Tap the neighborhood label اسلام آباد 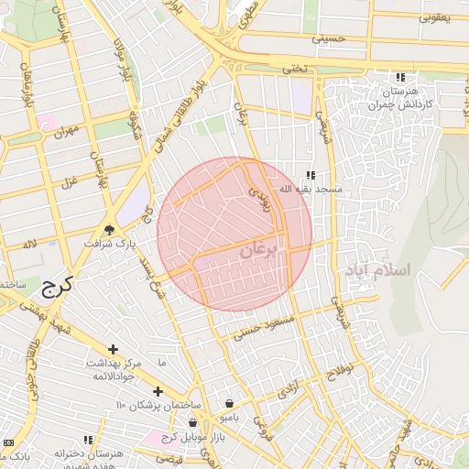point(379,271)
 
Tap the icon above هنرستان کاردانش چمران point(399,78)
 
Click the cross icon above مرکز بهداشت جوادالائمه point(113,349)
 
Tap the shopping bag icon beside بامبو point(228,403)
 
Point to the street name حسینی point(328,39)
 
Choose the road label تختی point(291,69)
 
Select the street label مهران point(65,135)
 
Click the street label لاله point(30,244)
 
